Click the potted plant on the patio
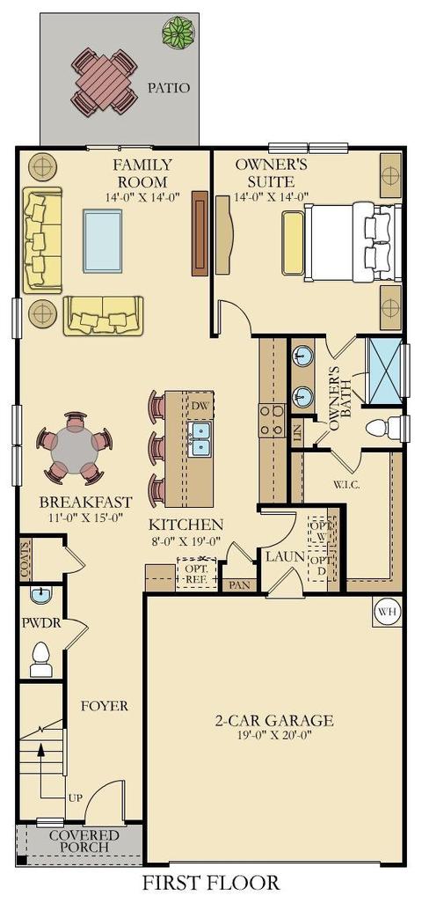point(178,32)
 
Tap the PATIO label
point(168,88)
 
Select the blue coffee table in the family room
point(103,240)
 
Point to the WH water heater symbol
point(387,611)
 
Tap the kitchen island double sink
point(199,438)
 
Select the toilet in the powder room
point(40,659)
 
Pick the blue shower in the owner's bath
point(385,370)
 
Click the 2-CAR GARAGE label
point(274,721)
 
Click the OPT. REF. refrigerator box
point(197,574)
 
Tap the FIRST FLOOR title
point(211,883)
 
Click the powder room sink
point(40,594)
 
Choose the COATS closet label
point(25,559)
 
